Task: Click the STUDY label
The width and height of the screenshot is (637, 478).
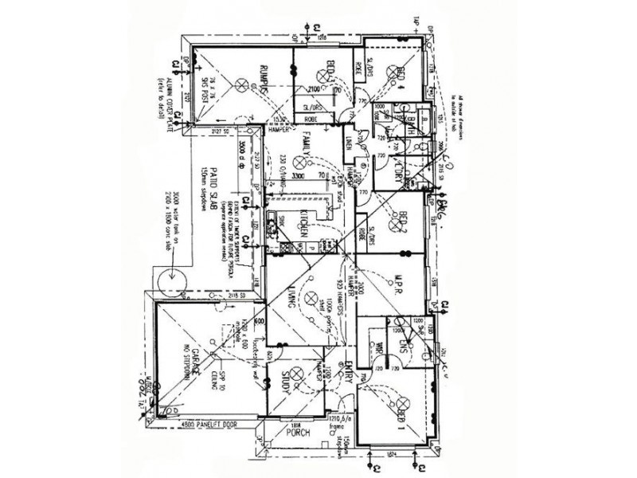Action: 283,386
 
